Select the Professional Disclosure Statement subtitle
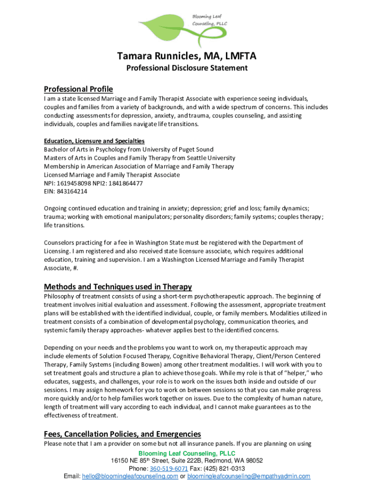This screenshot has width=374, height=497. (x=187, y=68)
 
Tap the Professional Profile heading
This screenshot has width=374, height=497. (x=78, y=89)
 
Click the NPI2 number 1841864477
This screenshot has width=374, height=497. (x=126, y=183)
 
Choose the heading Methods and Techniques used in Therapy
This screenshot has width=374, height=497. (x=118, y=286)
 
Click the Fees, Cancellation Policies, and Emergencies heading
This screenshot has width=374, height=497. (x=122, y=434)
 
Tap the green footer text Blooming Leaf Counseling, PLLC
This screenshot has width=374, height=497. (x=187, y=453)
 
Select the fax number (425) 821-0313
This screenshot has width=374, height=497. (x=226, y=468)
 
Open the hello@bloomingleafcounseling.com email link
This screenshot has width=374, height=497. (x=130, y=476)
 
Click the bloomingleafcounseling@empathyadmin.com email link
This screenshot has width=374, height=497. (x=249, y=476)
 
